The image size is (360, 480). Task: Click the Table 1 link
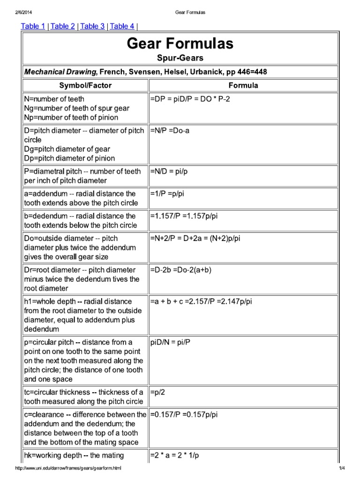point(33,26)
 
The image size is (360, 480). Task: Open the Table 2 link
point(62,26)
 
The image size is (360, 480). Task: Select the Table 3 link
point(92,26)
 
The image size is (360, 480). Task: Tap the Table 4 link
point(122,26)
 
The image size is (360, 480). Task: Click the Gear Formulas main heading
point(180,44)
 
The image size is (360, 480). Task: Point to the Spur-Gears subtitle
point(180,58)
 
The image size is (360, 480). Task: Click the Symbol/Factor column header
point(85,85)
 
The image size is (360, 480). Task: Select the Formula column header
point(243,85)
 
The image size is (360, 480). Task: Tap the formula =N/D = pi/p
point(169,172)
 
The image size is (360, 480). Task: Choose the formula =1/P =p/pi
point(169,194)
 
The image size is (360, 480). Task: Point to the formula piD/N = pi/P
point(171,342)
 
